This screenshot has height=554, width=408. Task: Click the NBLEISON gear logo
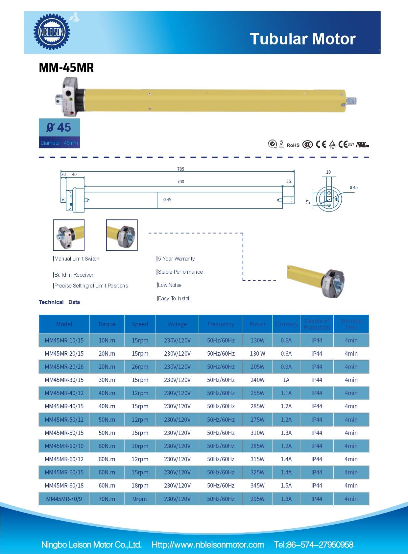(52, 32)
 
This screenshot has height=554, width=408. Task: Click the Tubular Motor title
(302, 39)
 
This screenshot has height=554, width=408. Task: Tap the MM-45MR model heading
(66, 67)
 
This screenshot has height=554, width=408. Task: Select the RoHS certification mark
(293, 145)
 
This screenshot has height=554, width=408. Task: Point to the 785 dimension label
(180, 169)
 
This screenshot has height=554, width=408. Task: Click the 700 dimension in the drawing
(180, 182)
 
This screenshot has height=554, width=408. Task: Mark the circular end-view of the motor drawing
(329, 199)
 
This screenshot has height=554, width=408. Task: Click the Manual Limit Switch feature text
(77, 259)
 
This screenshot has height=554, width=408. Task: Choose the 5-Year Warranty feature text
(176, 259)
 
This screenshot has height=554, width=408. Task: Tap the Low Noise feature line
(169, 285)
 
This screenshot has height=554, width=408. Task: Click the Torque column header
(107, 324)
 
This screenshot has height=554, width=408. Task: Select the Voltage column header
(177, 324)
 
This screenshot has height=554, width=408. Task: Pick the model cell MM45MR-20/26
(64, 367)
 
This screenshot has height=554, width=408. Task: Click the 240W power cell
(257, 380)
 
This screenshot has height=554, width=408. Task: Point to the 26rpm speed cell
(140, 367)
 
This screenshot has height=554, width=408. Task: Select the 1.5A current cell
(286, 486)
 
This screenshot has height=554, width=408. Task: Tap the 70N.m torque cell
(107, 499)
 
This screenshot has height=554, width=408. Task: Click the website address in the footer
(208, 545)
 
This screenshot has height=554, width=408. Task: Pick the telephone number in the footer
(314, 545)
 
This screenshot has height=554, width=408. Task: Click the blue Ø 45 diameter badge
(59, 128)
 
